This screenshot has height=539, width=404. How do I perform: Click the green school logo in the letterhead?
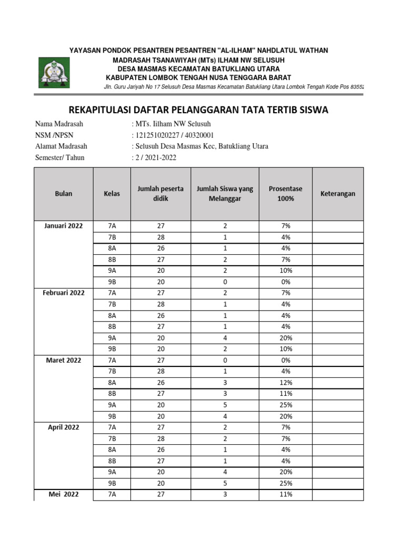click(x=53, y=73)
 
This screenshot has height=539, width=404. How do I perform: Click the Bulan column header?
click(x=63, y=193)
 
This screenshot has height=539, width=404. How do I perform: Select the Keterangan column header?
click(x=337, y=193)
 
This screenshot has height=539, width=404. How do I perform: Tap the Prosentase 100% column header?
click(x=286, y=193)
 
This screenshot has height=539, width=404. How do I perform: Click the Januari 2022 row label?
click(x=63, y=226)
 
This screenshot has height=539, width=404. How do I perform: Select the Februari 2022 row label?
click(x=63, y=293)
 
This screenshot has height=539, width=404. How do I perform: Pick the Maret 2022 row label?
click(x=63, y=360)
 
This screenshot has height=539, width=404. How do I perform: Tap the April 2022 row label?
click(x=63, y=427)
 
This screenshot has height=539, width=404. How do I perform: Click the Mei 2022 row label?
click(x=63, y=494)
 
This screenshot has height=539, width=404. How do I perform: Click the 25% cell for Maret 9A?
click(x=286, y=405)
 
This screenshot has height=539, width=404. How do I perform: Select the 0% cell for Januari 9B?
click(x=286, y=282)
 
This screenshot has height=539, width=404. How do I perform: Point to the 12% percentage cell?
click(x=286, y=382)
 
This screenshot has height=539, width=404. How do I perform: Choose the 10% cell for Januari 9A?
click(x=286, y=271)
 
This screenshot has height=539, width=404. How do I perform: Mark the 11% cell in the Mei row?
click(x=286, y=494)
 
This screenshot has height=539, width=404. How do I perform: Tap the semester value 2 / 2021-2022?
click(x=155, y=157)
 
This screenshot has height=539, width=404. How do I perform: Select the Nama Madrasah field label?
click(x=59, y=124)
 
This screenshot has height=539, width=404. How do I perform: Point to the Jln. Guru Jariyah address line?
click(x=234, y=86)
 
